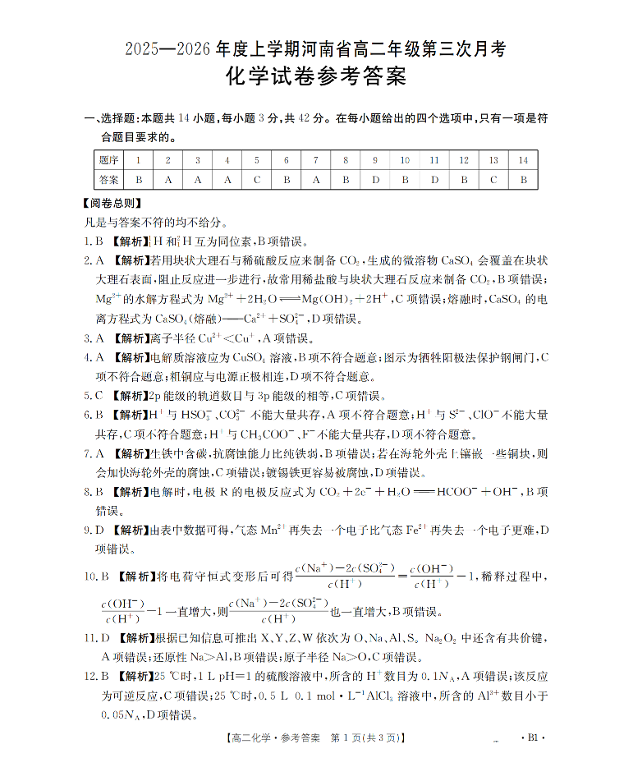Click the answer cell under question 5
coord(257,179)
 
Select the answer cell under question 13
coord(493,179)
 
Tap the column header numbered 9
coord(375,160)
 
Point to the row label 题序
coord(108,160)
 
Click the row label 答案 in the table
coord(108,179)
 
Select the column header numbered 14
coord(523,160)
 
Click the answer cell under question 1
coord(139,179)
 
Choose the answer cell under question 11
coord(434,179)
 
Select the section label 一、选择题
coord(112,118)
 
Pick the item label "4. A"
coord(94,357)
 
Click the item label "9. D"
coord(94,531)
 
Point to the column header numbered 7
coord(316,160)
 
